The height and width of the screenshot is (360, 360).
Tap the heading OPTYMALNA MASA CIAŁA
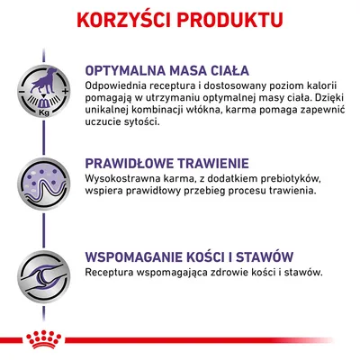(167, 71)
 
